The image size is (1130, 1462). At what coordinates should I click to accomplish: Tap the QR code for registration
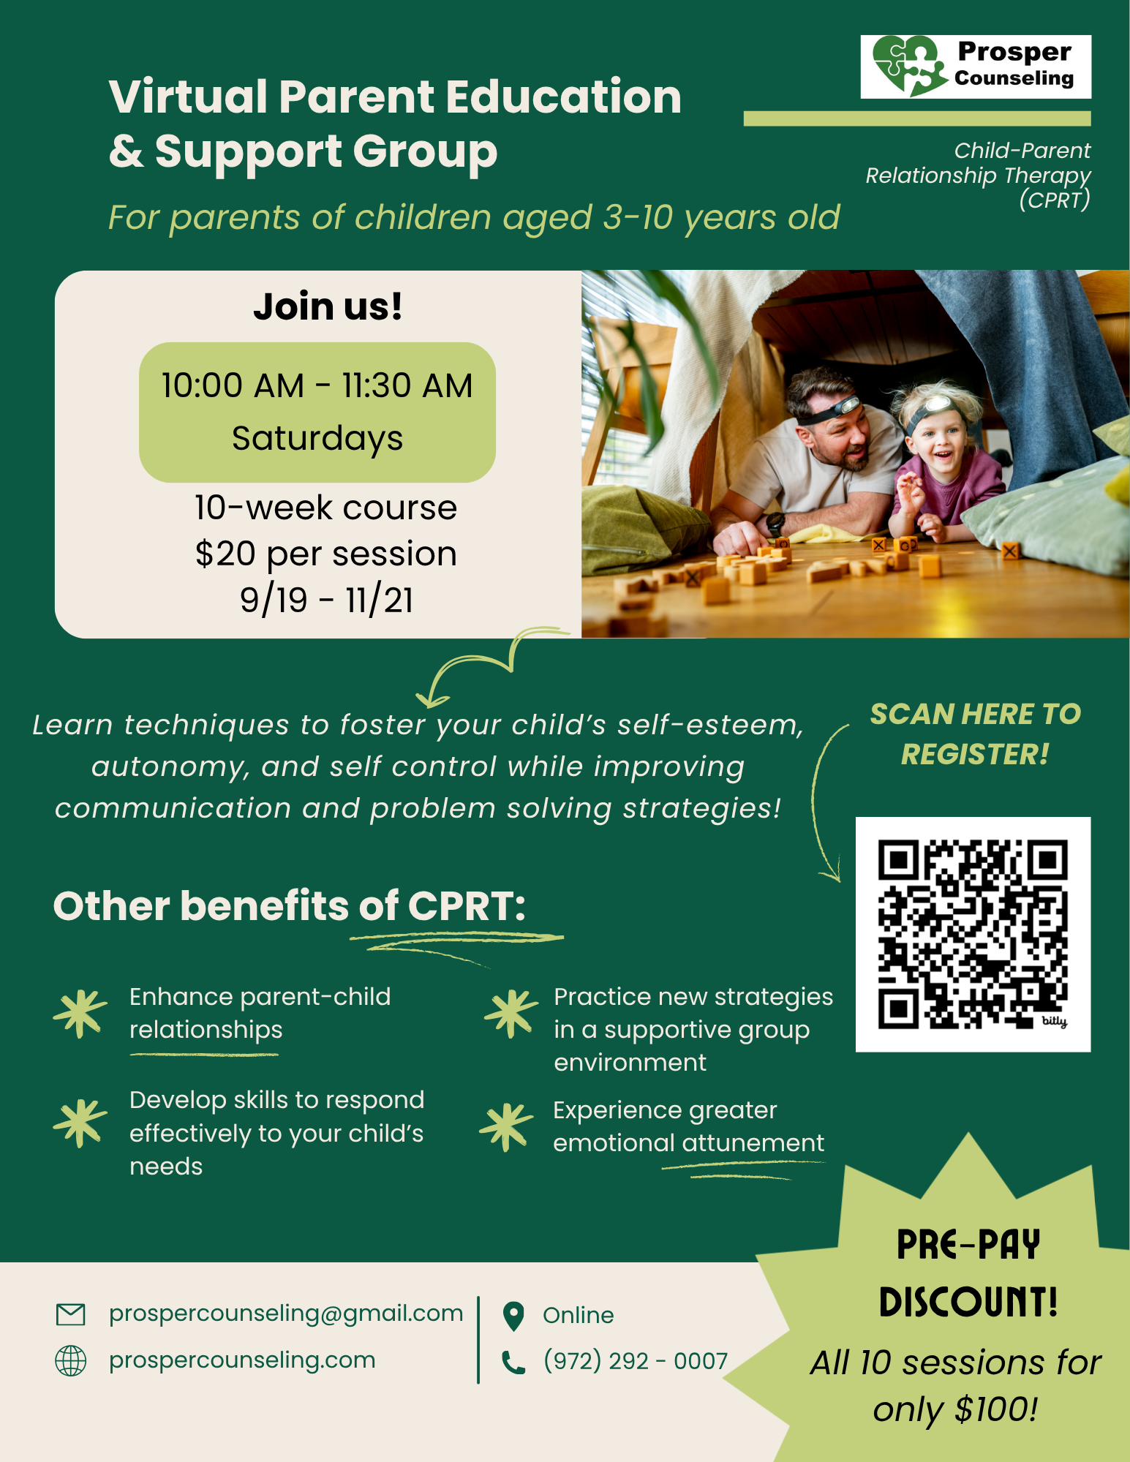point(973,934)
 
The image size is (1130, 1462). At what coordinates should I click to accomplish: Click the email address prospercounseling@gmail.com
point(286,1314)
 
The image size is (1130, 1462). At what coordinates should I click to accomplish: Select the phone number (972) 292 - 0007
point(636,1360)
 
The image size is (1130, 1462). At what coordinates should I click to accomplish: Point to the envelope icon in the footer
point(71,1314)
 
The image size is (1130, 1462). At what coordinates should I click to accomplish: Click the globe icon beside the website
point(71,1360)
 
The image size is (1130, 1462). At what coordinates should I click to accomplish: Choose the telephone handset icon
point(513,1362)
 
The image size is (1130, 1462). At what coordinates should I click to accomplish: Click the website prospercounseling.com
point(242,1360)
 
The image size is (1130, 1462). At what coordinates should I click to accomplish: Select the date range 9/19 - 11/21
point(327,600)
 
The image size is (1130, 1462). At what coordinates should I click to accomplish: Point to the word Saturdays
point(317,439)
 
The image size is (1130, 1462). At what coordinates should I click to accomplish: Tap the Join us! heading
point(328,306)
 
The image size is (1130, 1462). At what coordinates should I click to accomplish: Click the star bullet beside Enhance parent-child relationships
point(80,1014)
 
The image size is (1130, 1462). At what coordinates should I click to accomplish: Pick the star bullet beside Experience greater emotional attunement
point(506,1127)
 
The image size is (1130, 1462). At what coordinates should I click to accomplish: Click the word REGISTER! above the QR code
point(975,754)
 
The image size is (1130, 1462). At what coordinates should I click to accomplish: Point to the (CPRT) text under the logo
point(1055,200)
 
